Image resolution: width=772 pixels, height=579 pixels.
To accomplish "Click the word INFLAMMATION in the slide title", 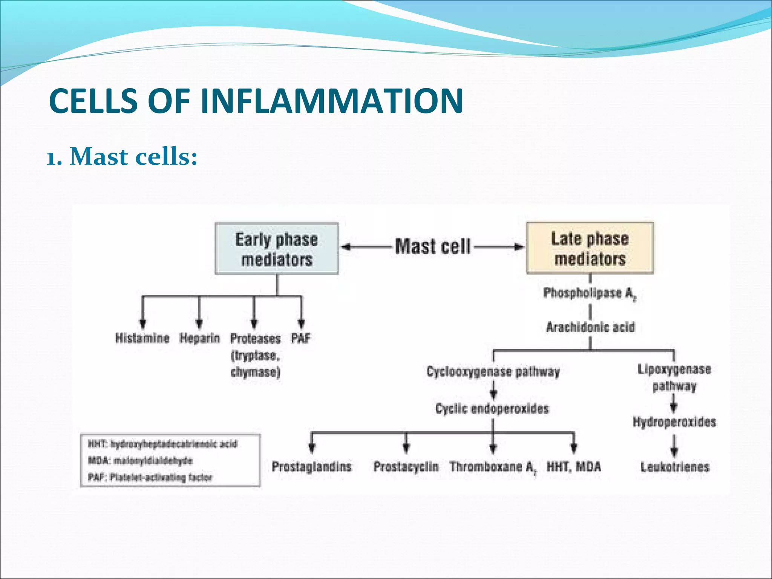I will click(331, 101).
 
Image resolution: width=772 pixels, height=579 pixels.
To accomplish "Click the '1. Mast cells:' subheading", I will click(122, 156).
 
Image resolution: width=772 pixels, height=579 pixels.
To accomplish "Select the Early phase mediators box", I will click(277, 249).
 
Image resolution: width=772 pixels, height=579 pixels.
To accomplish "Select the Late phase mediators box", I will click(590, 248).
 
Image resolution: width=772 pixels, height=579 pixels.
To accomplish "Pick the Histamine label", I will click(142, 338).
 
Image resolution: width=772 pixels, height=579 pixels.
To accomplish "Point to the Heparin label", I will click(199, 338).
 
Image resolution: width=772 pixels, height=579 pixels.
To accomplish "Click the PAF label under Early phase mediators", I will click(300, 338).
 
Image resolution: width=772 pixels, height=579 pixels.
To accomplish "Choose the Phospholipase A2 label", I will click(590, 293).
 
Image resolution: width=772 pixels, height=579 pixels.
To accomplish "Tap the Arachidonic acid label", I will click(590, 327).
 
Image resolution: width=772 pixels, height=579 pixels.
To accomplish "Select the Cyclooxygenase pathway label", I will click(493, 372).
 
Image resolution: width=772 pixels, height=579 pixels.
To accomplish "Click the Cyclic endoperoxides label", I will click(492, 409).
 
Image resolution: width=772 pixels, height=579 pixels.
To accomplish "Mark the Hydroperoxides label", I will click(674, 422).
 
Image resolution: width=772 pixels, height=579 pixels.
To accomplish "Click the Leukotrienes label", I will click(675, 467).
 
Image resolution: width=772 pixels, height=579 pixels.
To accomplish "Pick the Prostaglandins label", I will click(312, 467).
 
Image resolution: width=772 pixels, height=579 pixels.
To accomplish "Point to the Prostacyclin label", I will click(406, 467).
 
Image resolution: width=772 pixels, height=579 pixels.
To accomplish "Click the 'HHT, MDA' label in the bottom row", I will click(574, 467).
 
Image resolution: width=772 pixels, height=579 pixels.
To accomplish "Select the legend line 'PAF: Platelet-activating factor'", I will click(150, 478).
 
